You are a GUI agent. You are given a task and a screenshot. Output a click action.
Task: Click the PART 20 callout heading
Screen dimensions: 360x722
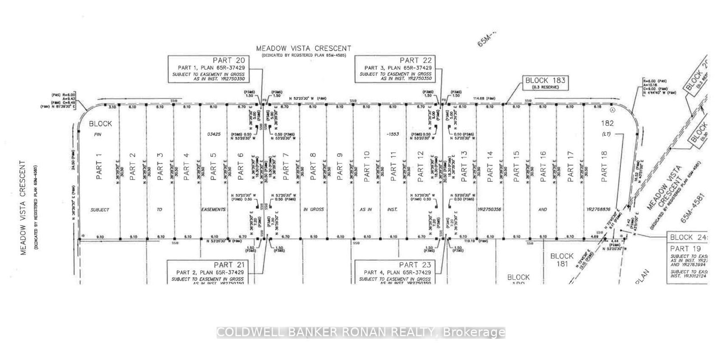coord(228,60)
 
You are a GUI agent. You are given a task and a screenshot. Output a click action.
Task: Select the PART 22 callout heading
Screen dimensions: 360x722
coord(416,60)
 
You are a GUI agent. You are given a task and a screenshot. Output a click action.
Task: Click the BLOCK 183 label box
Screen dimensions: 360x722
coord(545,80)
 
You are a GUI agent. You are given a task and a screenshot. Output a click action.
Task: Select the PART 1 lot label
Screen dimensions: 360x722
coord(100,167)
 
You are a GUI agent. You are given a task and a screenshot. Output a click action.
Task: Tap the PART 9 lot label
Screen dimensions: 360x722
coord(340,167)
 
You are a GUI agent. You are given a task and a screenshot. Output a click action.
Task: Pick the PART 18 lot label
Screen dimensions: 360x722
coord(605,167)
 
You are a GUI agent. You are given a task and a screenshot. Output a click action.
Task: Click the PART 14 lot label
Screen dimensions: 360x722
coord(490,167)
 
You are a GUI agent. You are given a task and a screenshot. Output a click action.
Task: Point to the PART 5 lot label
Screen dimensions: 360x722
coord(213,167)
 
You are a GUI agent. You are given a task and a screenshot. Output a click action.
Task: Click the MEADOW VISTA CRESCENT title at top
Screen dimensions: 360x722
coord(303,48)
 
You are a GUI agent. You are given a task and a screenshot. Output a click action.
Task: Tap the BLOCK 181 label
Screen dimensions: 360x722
coord(562,260)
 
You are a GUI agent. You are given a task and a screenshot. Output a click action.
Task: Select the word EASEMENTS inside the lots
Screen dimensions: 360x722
coord(213,210)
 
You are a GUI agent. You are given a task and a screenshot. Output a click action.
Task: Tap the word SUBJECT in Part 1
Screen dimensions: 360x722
coord(100,210)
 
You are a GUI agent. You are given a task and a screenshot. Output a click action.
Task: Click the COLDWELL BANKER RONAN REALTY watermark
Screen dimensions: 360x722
coord(361,333)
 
